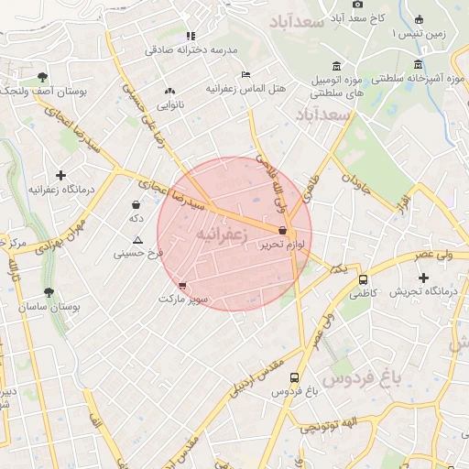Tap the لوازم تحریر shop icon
click(281, 231)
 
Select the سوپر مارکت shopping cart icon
click(183, 286)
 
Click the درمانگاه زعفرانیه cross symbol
click(60, 174)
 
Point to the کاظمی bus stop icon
click(363, 279)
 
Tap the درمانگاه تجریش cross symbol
click(422, 278)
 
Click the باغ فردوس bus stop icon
click(294, 376)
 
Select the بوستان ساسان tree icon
click(49, 292)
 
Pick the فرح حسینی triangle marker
click(136, 239)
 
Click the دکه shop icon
click(136, 204)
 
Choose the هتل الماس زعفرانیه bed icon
click(245, 74)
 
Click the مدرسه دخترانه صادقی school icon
click(191, 36)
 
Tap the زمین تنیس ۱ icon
click(419, 19)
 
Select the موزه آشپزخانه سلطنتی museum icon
click(418, 64)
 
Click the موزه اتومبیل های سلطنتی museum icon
click(337, 65)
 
